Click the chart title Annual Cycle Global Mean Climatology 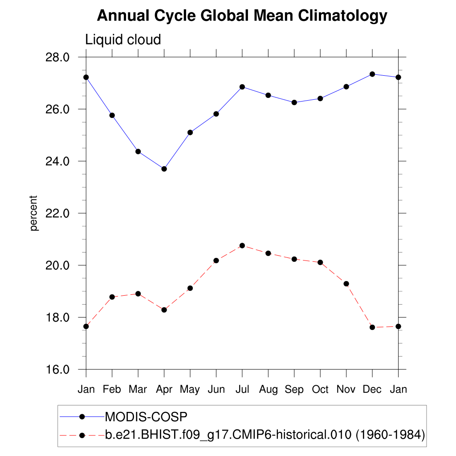(242, 16)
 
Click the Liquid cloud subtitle (123, 40)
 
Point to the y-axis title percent (34, 213)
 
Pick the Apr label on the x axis (164, 390)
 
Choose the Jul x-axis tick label (242, 390)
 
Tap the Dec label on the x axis (372, 390)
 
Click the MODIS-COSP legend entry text (146, 417)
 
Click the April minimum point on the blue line (164, 169)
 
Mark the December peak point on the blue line (372, 74)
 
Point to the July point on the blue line (242, 87)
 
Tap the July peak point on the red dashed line (242, 245)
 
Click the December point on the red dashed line (372, 327)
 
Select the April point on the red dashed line (164, 310)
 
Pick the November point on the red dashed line (346, 284)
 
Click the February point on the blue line (112, 115)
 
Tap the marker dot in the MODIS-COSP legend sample (82, 417)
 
